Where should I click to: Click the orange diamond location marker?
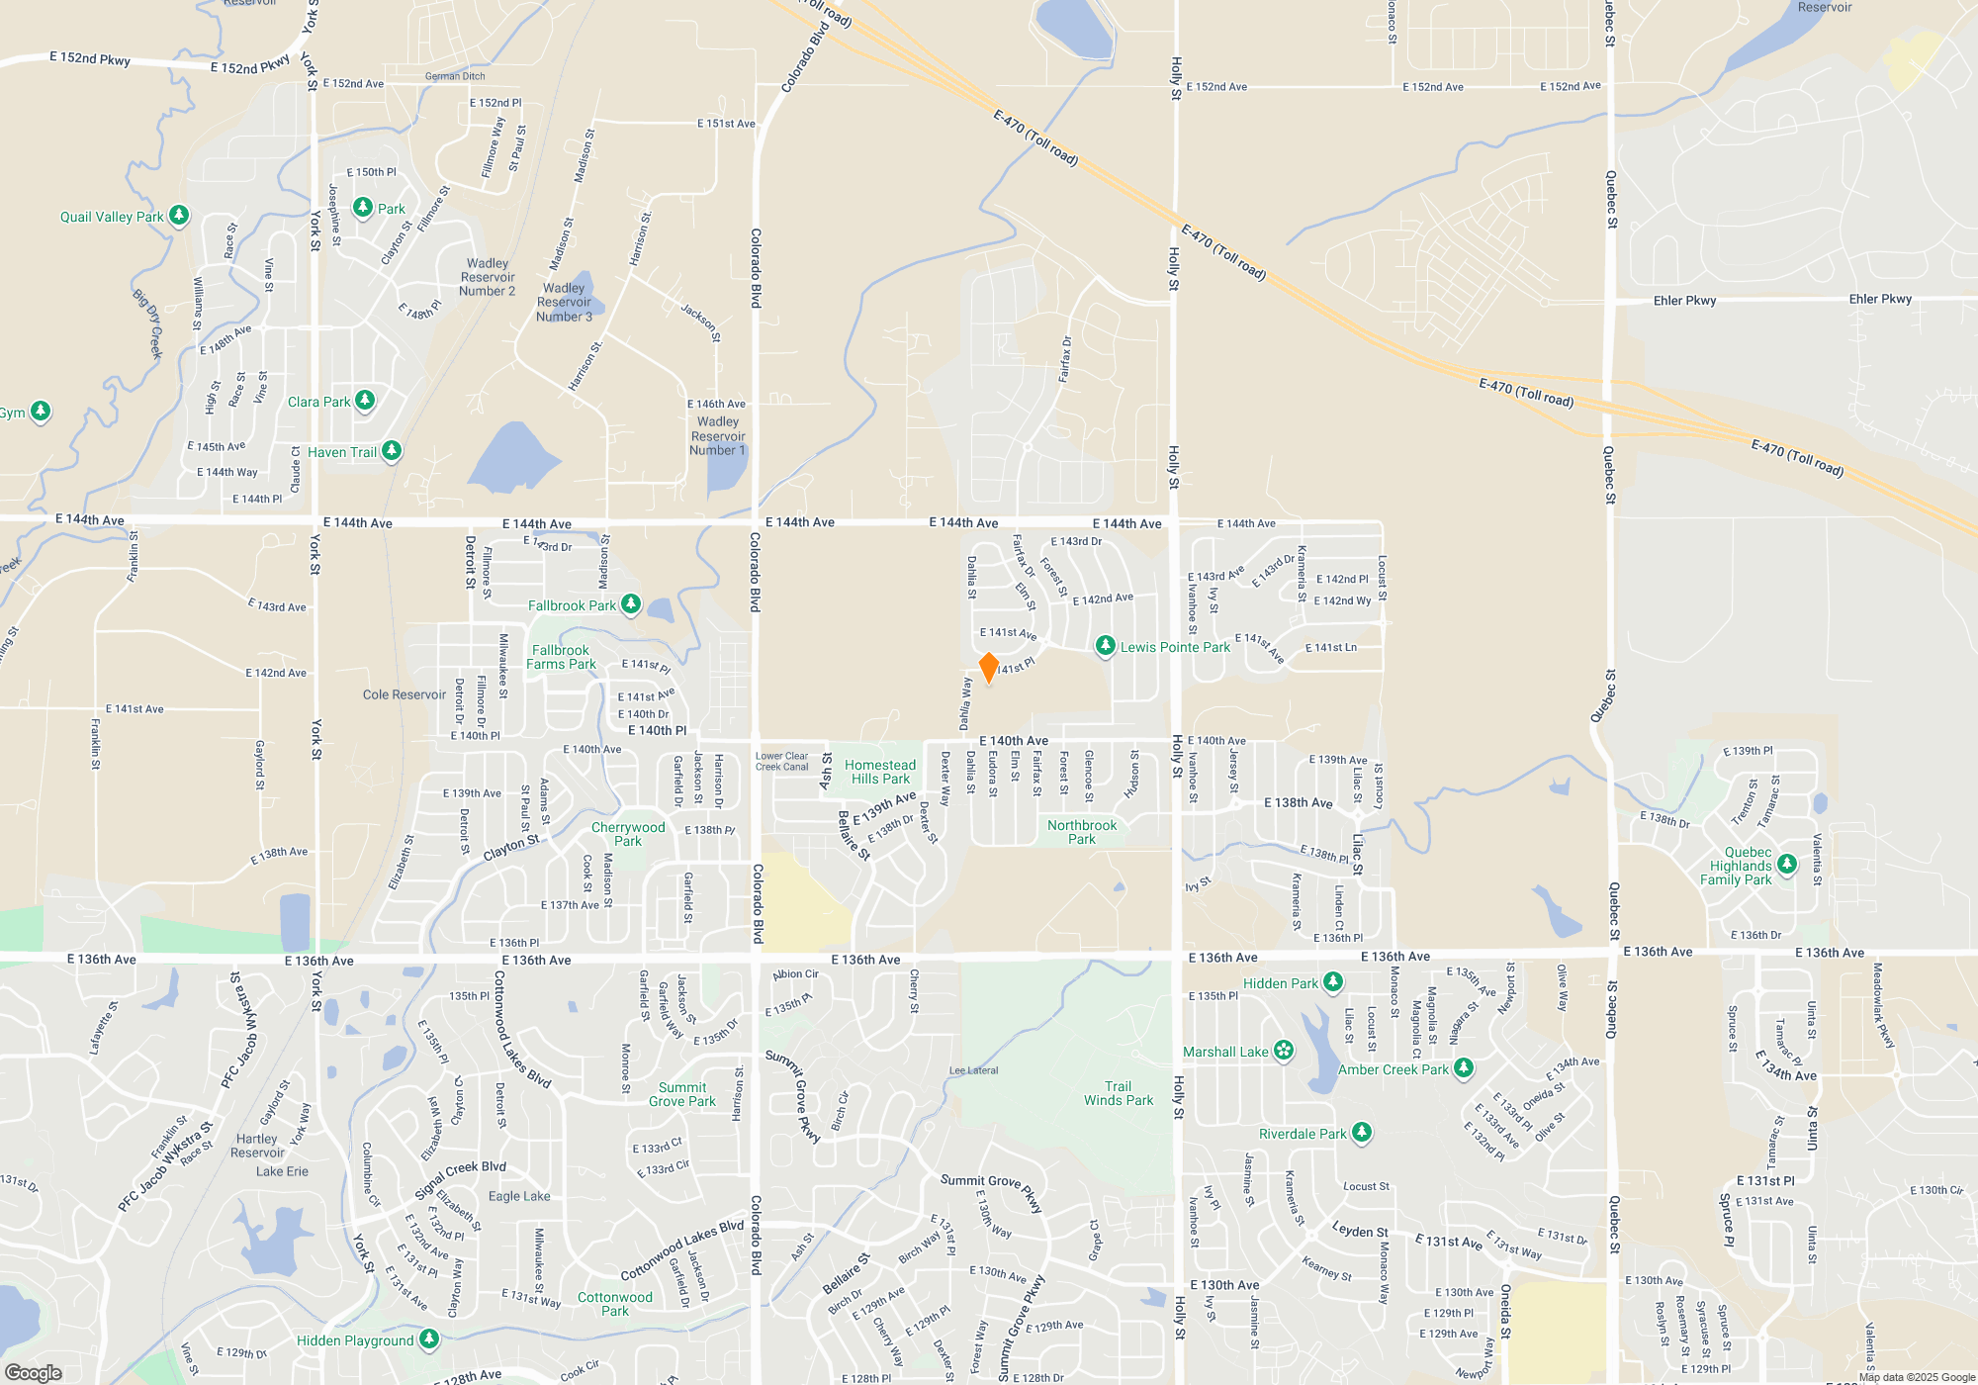tap(988, 668)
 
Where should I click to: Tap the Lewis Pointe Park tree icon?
tap(1106, 646)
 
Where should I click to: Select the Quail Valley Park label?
tap(112, 217)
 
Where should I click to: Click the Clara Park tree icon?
tap(365, 401)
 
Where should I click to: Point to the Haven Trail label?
tap(341, 452)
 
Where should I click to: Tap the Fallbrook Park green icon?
tap(631, 604)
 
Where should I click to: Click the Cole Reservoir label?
tap(405, 694)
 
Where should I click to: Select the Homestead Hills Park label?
tap(880, 772)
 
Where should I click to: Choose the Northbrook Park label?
tap(1082, 832)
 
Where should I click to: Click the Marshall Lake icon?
tap(1283, 1051)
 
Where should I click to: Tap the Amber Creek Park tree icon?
tap(1464, 1068)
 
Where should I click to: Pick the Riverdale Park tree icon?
tap(1362, 1133)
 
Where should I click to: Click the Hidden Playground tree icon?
tap(429, 1339)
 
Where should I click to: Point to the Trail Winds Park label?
tap(1119, 1093)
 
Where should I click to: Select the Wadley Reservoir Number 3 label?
tap(564, 303)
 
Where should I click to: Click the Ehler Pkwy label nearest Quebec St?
tap(1684, 301)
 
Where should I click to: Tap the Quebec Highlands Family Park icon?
tap(1787, 865)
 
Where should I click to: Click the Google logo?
tap(34, 1372)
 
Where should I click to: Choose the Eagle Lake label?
tap(519, 1196)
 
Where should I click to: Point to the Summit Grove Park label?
tap(682, 1094)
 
